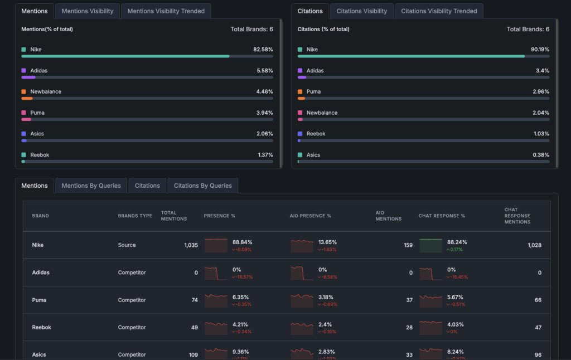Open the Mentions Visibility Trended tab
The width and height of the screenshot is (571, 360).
pos(166,11)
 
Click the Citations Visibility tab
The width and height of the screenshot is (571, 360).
pos(361,11)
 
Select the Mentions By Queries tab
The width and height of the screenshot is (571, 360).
pos(91,186)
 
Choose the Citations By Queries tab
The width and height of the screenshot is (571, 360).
pos(202,186)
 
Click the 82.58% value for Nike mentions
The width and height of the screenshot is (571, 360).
pos(263,50)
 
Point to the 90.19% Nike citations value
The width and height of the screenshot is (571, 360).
pos(540,50)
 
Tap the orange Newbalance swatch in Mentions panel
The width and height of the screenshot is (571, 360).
pos(23,91)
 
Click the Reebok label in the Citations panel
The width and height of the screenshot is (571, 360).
pos(316,134)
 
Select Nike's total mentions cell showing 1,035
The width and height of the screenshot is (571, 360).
pos(191,245)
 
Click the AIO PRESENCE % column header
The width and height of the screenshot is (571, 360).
pos(310,216)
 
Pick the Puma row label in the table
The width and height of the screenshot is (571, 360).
pos(39,300)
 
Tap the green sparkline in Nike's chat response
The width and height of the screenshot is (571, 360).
pos(430,245)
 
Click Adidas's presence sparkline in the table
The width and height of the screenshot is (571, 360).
pos(216,273)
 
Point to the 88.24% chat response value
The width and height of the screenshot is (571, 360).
pos(457,242)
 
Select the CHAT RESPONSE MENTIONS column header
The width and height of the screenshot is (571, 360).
pos(517,216)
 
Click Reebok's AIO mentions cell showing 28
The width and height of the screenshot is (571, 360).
pos(409,328)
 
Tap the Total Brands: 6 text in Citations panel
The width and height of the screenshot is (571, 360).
pos(528,29)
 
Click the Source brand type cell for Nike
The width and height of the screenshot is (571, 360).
pos(127,245)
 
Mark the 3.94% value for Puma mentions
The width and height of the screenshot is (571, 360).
pos(263,113)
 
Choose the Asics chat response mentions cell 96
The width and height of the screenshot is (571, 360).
pos(538,355)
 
